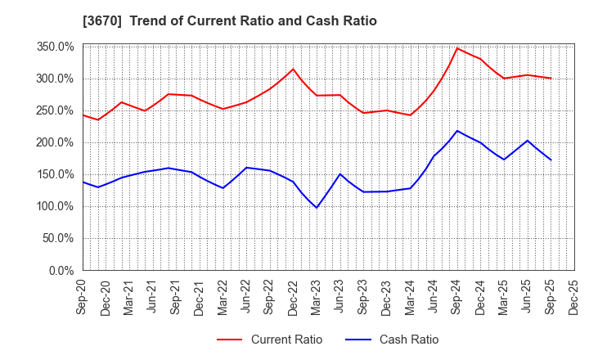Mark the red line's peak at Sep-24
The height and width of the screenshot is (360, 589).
(x=457, y=48)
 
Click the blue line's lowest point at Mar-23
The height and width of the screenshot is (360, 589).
(x=317, y=208)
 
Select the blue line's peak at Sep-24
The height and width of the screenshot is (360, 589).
(x=457, y=131)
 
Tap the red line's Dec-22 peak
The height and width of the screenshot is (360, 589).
(x=294, y=69)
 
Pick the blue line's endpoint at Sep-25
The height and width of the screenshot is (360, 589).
(x=551, y=160)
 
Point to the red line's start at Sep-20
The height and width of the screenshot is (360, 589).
(x=83, y=115)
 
